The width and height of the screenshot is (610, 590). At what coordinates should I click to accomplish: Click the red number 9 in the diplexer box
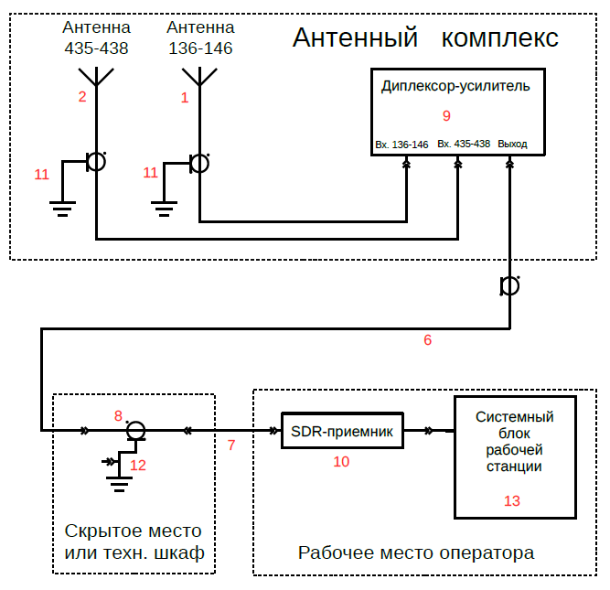446,116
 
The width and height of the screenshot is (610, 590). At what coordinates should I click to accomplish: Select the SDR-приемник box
341,431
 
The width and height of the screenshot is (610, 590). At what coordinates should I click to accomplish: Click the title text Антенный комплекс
425,38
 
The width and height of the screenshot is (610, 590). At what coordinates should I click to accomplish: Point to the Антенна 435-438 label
96,38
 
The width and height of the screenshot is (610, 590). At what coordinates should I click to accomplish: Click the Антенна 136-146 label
200,38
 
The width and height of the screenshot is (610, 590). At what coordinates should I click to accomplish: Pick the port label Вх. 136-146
401,145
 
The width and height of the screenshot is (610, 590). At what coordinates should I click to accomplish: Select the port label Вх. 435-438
464,145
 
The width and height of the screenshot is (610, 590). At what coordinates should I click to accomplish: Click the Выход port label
512,145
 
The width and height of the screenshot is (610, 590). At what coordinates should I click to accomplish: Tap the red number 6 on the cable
427,340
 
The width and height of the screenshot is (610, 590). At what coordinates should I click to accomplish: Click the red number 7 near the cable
231,445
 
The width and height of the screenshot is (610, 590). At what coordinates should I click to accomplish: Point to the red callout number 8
118,415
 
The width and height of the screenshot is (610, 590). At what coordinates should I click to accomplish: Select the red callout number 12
138,465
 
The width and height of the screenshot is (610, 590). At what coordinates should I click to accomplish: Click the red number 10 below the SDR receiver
341,462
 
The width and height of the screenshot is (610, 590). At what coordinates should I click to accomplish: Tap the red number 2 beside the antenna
82,97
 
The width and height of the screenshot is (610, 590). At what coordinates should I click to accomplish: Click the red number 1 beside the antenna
185,97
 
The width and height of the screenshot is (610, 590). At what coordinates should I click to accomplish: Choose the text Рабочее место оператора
416,553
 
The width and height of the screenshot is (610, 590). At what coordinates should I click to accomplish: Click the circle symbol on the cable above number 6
509,287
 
